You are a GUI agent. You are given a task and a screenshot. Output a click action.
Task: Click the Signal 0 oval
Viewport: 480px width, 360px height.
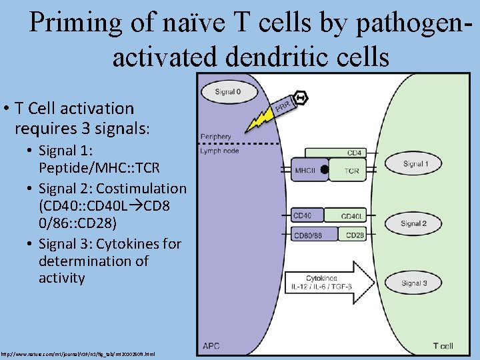pyautogui.click(x=228, y=91)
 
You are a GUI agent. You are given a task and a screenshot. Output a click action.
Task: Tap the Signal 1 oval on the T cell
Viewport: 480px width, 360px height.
pyautogui.click(x=415, y=163)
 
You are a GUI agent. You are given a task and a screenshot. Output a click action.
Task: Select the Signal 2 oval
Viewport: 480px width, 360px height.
pyautogui.click(x=414, y=223)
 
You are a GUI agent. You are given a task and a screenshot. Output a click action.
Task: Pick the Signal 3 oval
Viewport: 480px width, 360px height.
pyautogui.click(x=414, y=283)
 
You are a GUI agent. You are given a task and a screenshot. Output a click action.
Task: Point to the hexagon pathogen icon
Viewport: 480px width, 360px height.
pyautogui.click(x=301, y=97)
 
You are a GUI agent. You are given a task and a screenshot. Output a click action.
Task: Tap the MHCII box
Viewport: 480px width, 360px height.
pyautogui.click(x=306, y=171)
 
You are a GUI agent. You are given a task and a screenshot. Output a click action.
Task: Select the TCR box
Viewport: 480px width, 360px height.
pyautogui.click(x=351, y=171)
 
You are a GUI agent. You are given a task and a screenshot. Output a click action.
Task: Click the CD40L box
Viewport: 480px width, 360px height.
pyautogui.click(x=351, y=216)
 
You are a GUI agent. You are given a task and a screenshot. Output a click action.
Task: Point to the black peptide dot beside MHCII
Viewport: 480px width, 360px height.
pyautogui.click(x=324, y=170)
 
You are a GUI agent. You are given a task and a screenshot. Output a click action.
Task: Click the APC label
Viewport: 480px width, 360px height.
pyautogui.click(x=211, y=346)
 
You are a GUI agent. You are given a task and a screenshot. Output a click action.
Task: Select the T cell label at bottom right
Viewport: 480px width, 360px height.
pyautogui.click(x=443, y=346)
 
